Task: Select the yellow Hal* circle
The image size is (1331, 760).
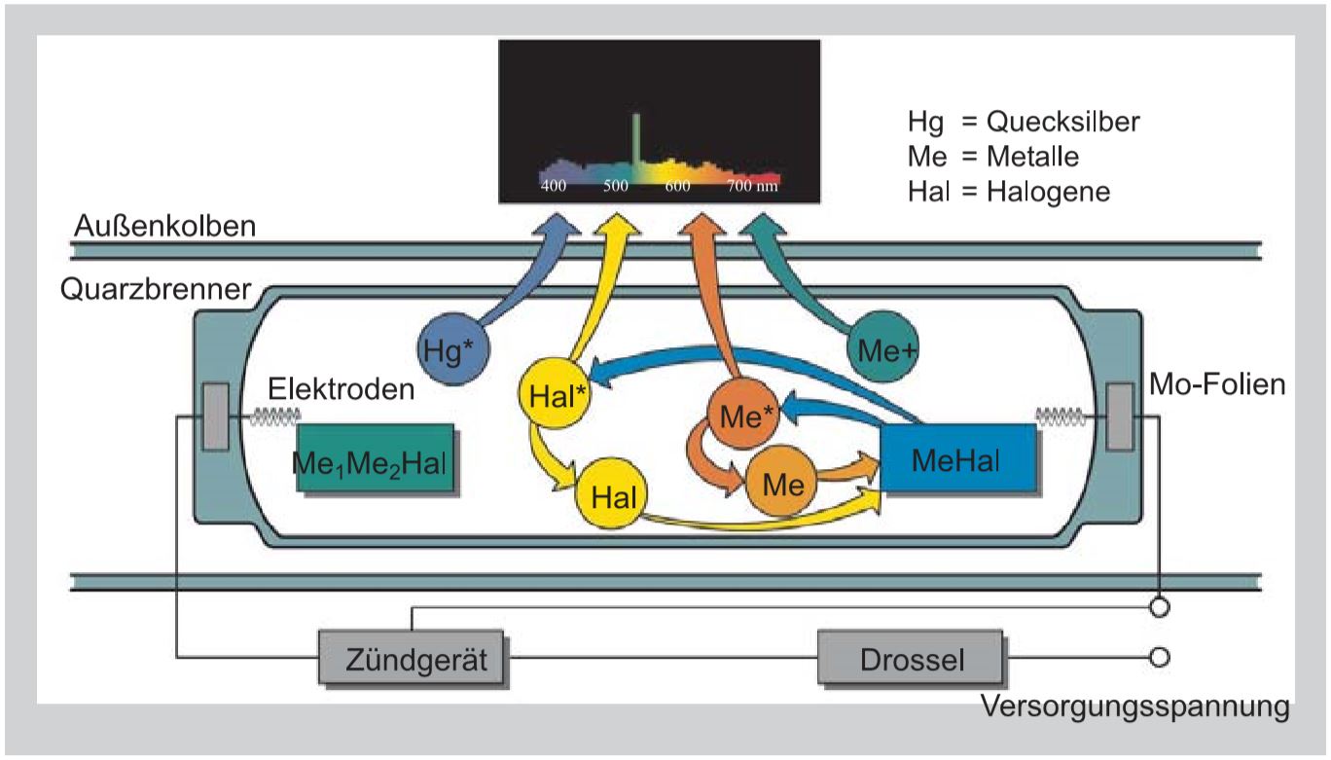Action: coord(556,397)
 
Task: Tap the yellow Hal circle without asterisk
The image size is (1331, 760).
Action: coord(612,497)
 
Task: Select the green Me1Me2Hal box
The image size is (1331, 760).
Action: coord(375,460)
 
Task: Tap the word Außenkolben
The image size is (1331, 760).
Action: coord(164,227)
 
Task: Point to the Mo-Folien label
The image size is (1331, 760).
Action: coord(1216,384)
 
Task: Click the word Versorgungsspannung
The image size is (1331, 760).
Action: coord(1135,706)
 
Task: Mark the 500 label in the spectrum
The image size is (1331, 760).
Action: coord(615,186)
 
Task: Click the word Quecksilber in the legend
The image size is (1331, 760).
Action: coord(1062,122)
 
